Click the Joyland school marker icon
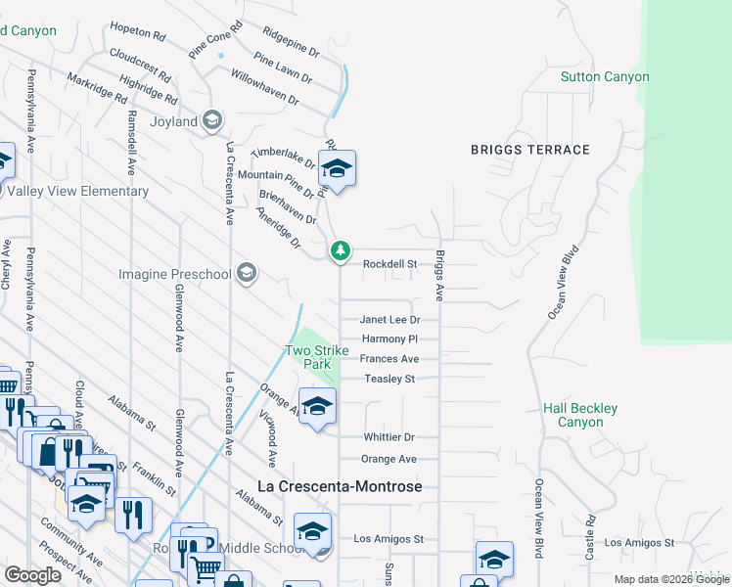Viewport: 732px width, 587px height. tap(212, 121)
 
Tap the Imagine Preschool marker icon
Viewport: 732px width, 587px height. tap(246, 273)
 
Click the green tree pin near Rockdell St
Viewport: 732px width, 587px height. tap(340, 252)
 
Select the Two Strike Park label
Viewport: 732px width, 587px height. tap(310, 357)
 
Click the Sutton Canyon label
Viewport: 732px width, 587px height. tap(605, 76)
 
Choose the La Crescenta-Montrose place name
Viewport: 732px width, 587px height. tap(340, 486)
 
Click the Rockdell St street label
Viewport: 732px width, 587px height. tap(390, 264)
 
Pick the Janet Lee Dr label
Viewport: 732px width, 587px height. tap(389, 320)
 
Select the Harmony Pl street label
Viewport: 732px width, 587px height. tap(389, 339)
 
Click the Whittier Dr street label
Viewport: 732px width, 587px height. tap(389, 437)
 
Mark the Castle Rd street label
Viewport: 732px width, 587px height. tap(591, 538)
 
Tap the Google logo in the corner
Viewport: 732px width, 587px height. tap(32, 575)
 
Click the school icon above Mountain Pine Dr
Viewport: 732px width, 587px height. tap(337, 169)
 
